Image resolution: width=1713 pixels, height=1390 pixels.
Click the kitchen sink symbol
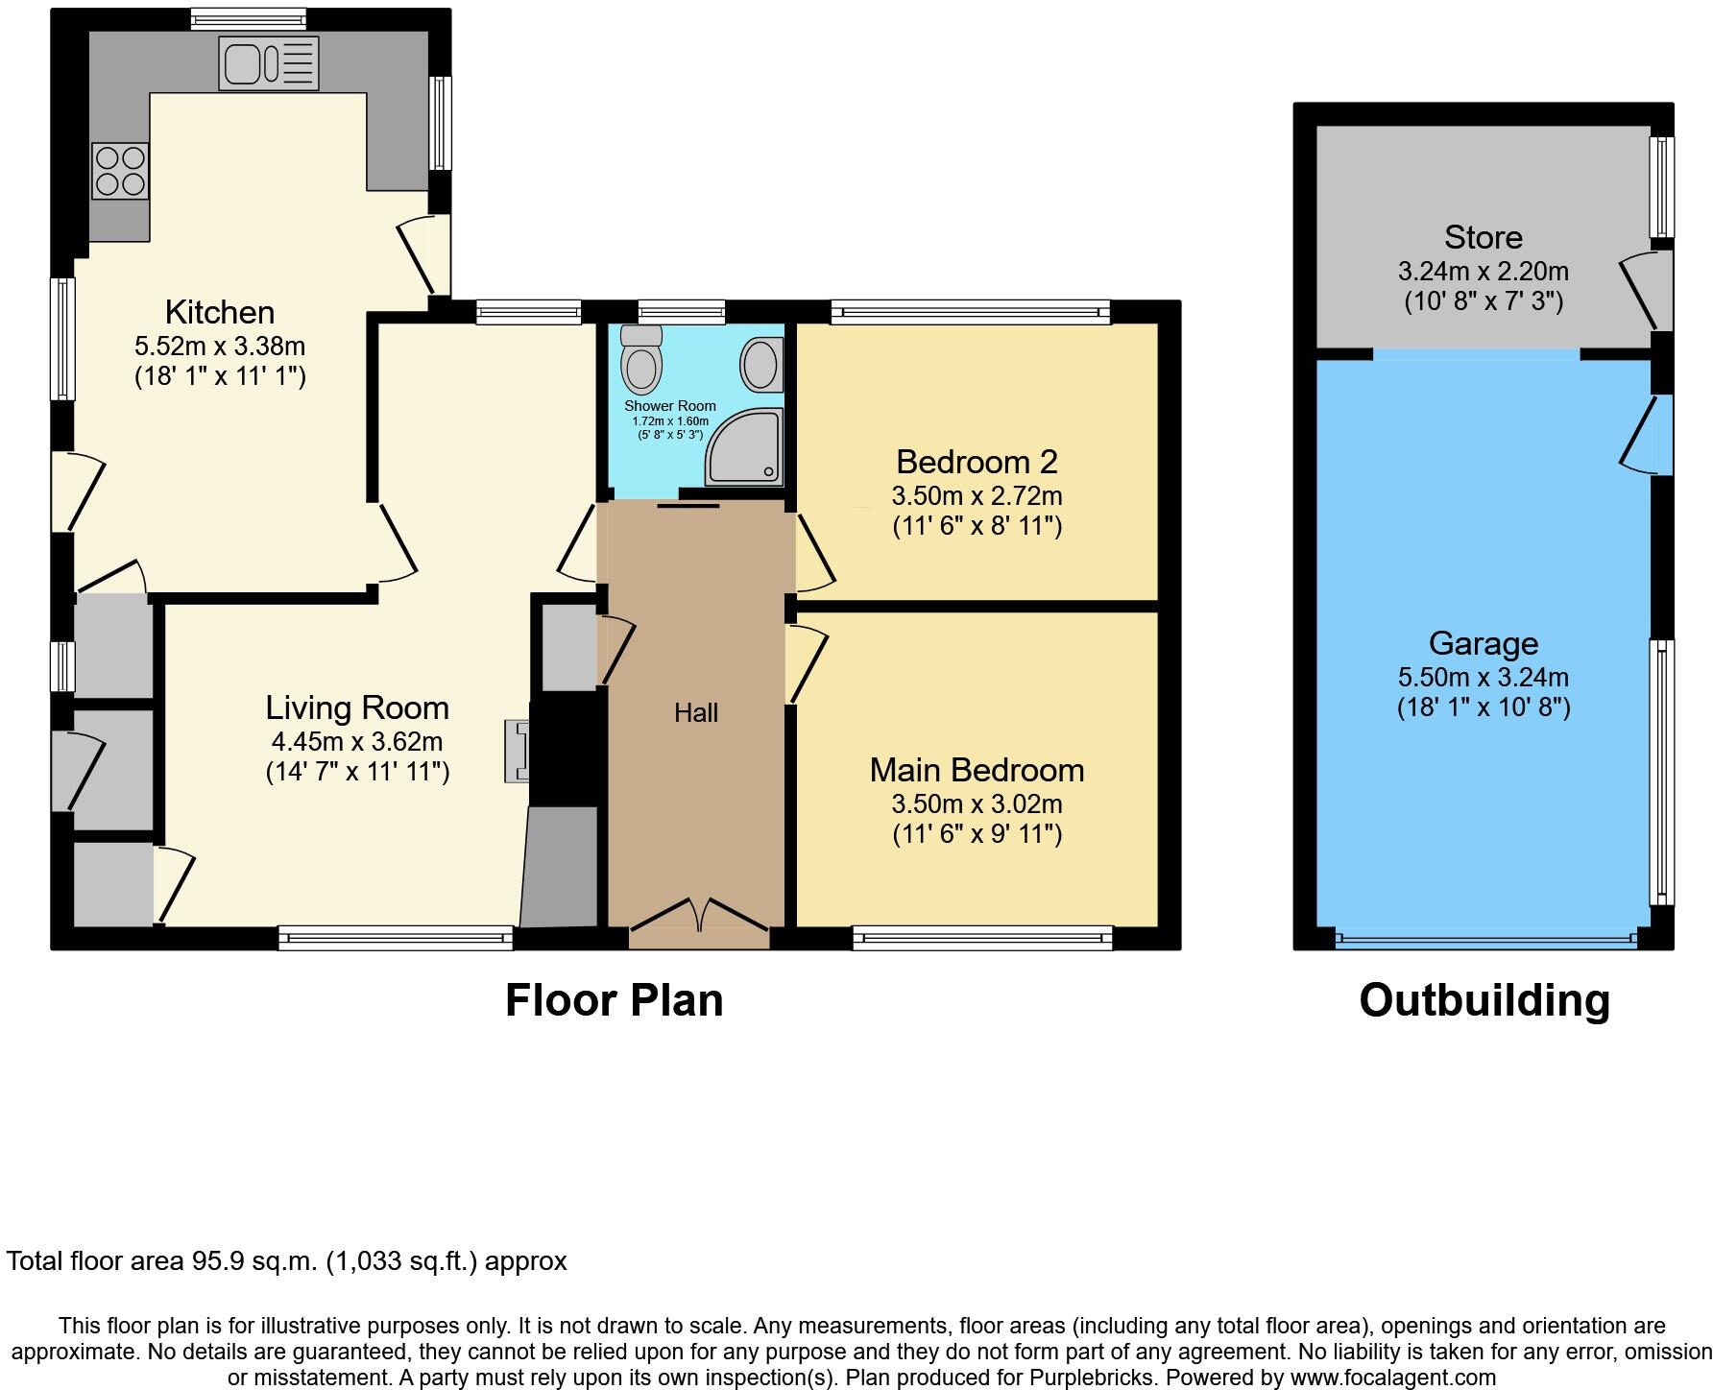pyautogui.click(x=268, y=63)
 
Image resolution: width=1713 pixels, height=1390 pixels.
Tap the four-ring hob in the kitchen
pyautogui.click(x=121, y=170)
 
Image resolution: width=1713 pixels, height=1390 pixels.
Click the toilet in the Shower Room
pyautogui.click(x=641, y=357)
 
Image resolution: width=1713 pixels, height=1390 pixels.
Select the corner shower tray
pyautogui.click(x=746, y=447)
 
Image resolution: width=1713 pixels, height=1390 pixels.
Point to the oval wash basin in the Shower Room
pyautogui.click(x=760, y=365)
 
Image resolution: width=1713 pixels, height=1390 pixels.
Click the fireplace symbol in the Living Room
pyautogui.click(x=517, y=752)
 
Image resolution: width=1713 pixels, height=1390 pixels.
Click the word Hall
pyautogui.click(x=695, y=712)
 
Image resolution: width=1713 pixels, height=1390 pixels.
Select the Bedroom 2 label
pyautogui.click(x=977, y=462)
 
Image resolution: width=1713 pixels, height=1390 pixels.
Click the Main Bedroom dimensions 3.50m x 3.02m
pyautogui.click(x=977, y=804)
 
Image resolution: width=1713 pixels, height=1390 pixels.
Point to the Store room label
pyautogui.click(x=1483, y=237)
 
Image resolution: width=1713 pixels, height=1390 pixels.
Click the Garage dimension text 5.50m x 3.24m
pyautogui.click(x=1483, y=678)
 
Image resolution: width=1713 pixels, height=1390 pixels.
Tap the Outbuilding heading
pyautogui.click(x=1484, y=1000)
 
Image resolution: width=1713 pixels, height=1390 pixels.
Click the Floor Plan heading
pyautogui.click(x=614, y=1000)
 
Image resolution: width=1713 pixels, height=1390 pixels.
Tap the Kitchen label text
pyautogui.click(x=219, y=312)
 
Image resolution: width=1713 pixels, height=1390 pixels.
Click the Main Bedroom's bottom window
pyautogui.click(x=982, y=938)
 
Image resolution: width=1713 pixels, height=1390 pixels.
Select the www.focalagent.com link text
pyautogui.click(x=1392, y=1378)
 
